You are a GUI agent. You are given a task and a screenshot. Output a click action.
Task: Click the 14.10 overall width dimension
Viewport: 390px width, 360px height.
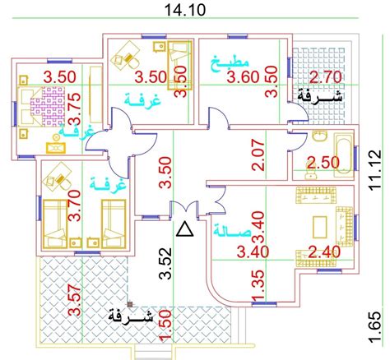coord(184,10)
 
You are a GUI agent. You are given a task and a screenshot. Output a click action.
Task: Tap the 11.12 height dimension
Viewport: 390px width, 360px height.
coord(375,168)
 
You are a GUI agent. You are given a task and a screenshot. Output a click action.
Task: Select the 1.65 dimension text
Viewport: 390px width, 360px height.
coord(375,326)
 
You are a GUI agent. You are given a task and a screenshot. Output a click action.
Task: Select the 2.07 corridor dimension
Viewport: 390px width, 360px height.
coord(258,155)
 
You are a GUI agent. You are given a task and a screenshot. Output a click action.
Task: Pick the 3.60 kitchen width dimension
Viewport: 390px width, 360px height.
coord(243,77)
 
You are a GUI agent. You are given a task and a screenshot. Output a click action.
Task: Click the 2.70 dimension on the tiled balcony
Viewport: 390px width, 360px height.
coord(326,77)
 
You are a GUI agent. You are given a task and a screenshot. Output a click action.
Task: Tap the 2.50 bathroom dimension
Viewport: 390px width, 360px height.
coord(323,163)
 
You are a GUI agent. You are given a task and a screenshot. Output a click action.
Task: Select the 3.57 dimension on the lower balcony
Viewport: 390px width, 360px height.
coord(75,301)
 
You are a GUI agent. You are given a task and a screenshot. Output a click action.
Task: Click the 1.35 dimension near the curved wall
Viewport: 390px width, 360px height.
coord(258,286)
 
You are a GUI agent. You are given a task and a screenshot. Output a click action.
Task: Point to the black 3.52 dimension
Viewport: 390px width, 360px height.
coord(166,264)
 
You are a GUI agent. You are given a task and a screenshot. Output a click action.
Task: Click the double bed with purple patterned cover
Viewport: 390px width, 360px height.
coord(41,106)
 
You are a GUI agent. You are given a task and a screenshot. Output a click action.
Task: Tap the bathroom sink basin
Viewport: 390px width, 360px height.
coord(320,136)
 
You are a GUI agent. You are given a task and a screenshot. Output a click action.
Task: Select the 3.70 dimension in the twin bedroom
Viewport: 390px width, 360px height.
coord(75,205)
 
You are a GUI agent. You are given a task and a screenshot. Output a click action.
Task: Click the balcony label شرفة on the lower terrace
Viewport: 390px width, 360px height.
coord(131,317)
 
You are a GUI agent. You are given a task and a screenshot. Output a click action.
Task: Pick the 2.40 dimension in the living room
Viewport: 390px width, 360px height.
coord(324,252)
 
